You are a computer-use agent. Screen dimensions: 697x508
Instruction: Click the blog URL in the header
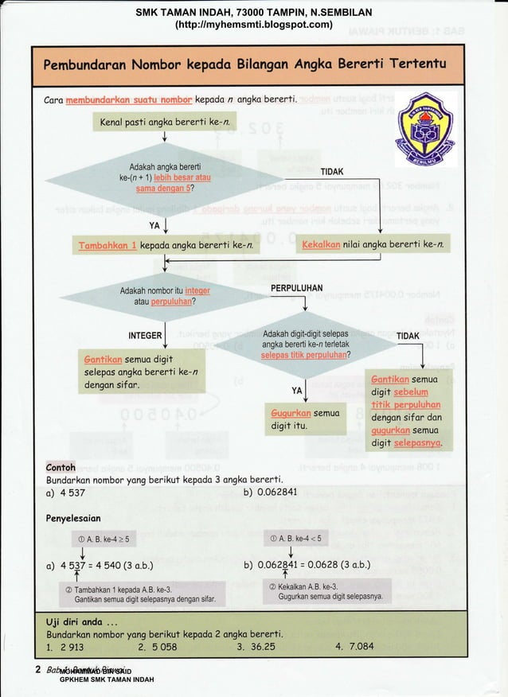point(253,25)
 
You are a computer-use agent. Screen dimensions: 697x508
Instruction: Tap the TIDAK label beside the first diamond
point(332,172)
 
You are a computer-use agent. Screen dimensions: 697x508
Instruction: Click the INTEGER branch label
point(146,335)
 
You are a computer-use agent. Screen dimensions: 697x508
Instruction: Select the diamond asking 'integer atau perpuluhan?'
point(165,296)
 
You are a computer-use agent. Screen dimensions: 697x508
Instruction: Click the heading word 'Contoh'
point(61,467)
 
